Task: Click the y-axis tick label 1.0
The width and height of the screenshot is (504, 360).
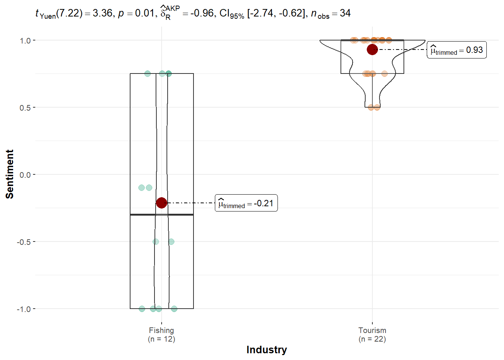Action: (25, 41)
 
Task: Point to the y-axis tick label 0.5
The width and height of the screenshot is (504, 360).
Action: (25, 108)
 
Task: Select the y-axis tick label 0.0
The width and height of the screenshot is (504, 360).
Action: (25, 175)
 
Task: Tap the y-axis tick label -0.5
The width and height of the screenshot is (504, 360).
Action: (23, 242)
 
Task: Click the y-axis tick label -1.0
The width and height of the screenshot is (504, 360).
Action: (23, 309)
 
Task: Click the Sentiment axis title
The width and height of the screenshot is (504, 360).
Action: (10, 174)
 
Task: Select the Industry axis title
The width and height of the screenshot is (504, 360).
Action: (267, 349)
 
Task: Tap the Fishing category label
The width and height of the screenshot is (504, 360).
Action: (161, 330)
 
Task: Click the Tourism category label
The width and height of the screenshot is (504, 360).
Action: (372, 330)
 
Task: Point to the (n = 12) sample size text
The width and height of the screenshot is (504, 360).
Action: (161, 339)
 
